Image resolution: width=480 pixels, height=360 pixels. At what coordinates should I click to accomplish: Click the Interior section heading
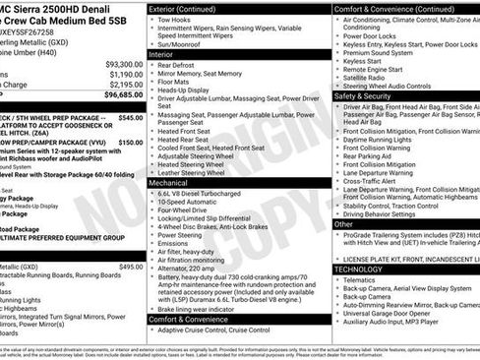pyautogui.click(x=161, y=55)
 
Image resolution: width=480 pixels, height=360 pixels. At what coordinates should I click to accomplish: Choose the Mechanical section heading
pyautogui.click(x=168, y=183)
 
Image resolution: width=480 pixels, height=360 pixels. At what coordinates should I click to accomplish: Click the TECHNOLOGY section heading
pyautogui.click(x=358, y=269)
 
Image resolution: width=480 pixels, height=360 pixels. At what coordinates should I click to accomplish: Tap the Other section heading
pyautogui.click(x=343, y=223)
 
